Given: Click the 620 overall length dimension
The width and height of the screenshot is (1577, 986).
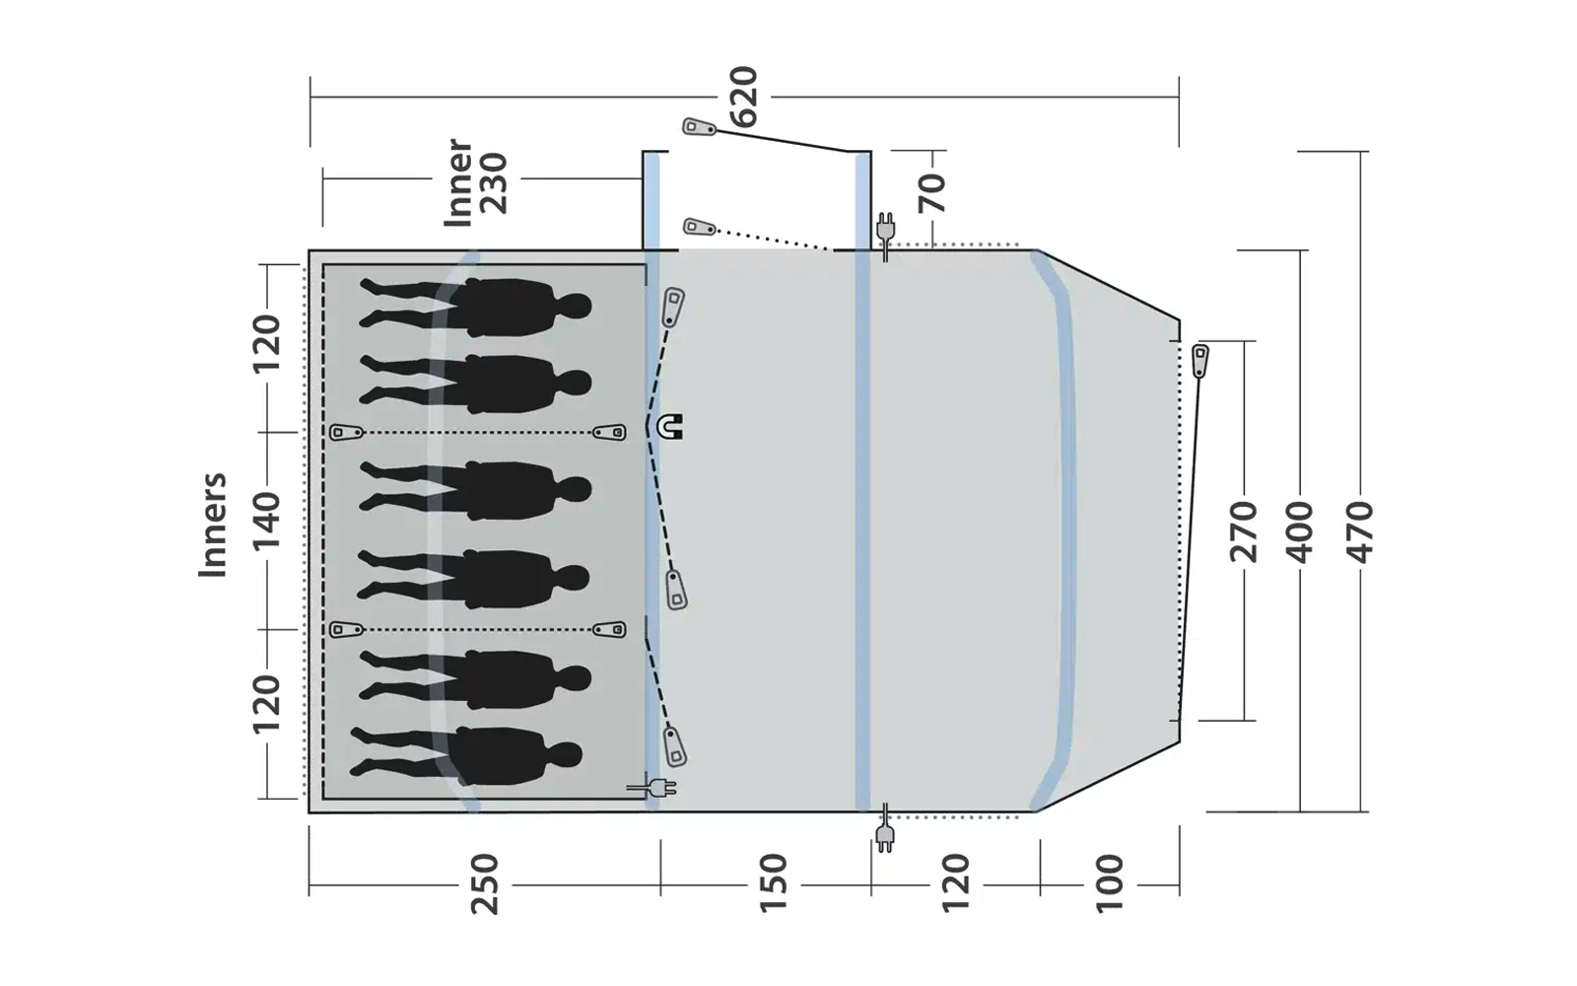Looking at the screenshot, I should coord(745,97).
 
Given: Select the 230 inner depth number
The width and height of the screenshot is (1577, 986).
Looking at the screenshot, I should coord(492,183).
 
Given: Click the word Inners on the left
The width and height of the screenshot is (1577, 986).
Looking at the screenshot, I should coord(213,525).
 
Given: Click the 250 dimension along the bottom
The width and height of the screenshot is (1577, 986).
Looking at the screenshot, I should coord(485,884).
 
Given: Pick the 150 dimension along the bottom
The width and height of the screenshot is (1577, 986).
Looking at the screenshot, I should coord(774,884).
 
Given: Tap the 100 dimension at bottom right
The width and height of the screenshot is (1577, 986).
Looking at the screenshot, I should coord(1109,884).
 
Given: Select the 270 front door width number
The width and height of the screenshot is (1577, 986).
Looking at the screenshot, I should coord(1244,530).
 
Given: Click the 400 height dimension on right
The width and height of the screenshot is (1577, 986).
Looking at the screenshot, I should coord(1301,530).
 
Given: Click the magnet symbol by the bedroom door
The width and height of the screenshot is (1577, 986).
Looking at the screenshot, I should coord(670,427).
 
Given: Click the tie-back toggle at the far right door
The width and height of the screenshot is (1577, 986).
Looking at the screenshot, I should coord(1200,361).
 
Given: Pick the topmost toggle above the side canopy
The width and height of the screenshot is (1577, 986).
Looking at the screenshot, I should coord(699,127).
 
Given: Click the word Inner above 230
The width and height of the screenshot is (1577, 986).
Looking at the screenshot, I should coord(458,183).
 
